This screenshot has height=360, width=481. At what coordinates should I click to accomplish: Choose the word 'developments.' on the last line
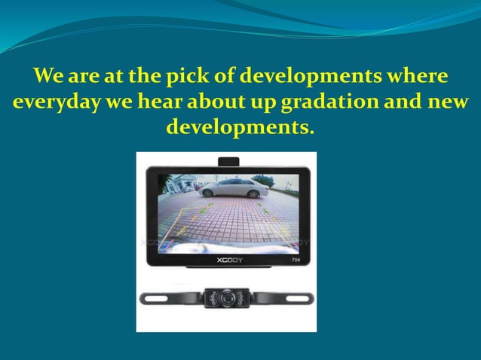coord(240,126)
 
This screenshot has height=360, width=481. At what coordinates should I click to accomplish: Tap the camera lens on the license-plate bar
coord(226,297)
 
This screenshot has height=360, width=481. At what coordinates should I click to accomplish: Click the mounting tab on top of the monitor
coord(228,160)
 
